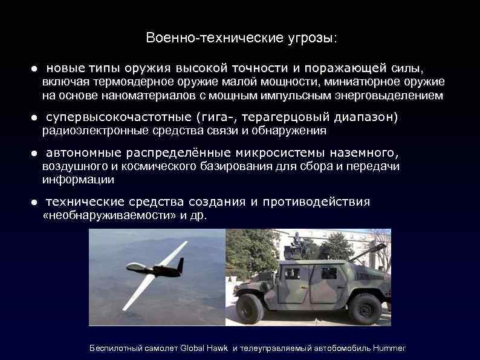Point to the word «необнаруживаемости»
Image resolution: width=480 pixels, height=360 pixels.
[101, 215]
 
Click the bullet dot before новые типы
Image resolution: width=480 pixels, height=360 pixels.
[35, 67]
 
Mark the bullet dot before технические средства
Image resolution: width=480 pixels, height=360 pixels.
[35, 202]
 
